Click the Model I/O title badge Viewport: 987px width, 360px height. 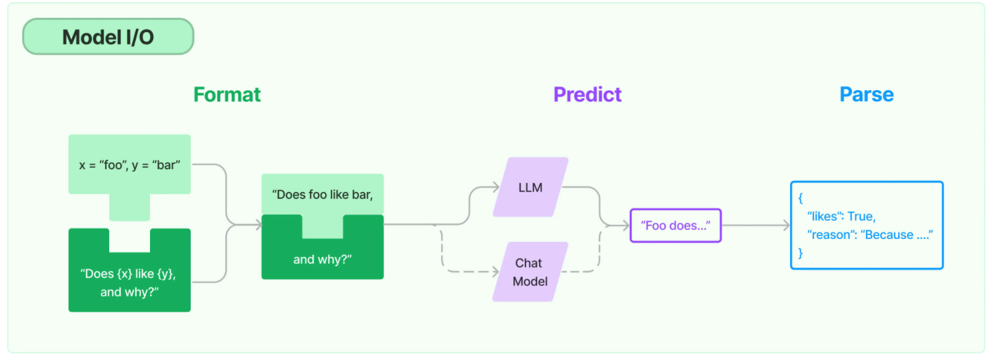108,36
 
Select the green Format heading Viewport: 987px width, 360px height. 227,94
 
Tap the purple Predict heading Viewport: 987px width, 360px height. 588,94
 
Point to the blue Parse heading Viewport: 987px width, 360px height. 866,94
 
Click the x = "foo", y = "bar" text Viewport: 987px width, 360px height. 130,165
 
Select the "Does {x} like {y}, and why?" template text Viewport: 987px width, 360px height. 129,283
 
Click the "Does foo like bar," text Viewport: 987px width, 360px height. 323,195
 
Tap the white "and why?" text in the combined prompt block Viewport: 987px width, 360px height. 323,259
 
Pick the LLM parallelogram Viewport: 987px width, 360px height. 530,187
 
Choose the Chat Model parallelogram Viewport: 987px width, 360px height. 530,272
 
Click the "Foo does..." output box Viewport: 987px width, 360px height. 675,225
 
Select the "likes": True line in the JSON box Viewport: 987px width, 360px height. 841,216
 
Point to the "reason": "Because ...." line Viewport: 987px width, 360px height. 870,235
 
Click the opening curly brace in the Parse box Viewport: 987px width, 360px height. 801,198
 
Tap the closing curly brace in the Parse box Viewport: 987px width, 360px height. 801,253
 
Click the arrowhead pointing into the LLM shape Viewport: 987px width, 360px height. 496,187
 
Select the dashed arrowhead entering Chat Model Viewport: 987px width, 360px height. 496,272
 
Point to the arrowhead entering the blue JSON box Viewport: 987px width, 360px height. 786,225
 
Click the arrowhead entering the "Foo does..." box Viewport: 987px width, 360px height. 626,225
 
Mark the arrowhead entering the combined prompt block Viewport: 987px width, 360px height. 258,225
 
